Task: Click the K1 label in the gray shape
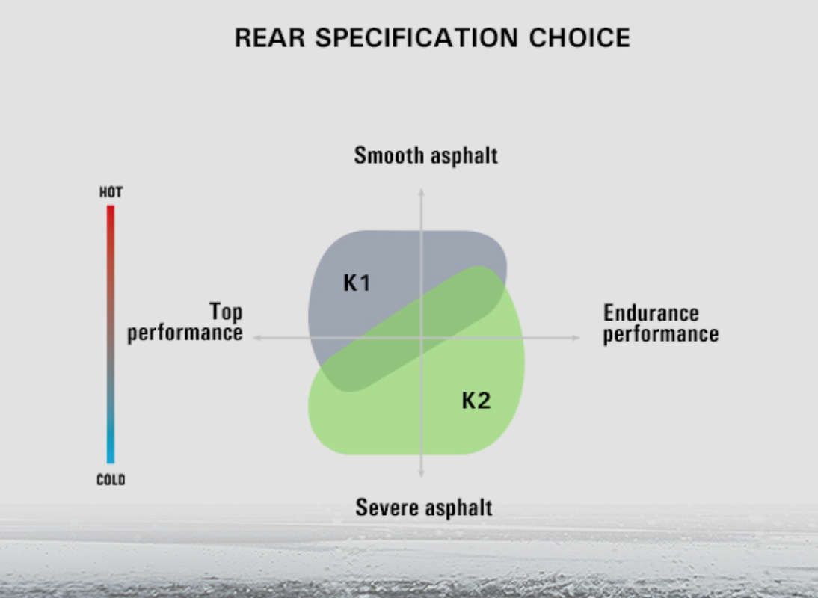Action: pos(357,283)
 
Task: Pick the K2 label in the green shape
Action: pos(476,401)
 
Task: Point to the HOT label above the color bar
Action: pos(111,193)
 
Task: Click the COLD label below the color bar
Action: pos(111,480)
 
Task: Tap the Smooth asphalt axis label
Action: pos(425,155)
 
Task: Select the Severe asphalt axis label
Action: pos(424,508)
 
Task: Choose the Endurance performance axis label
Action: pos(660,324)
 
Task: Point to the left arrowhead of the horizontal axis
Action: pos(256,338)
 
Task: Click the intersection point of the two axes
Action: pos(421,338)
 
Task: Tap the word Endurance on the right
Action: pos(651,313)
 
